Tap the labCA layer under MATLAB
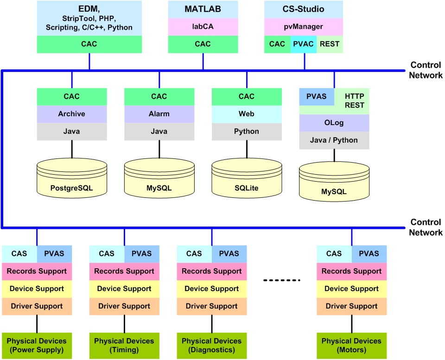click(203, 27)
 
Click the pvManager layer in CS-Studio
click(304, 27)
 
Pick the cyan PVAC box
click(304, 44)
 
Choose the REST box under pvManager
click(330, 44)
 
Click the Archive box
click(72, 114)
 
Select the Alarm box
click(159, 114)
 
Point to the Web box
click(247, 114)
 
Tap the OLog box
click(334, 123)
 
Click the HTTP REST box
click(354, 101)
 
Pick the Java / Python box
click(334, 140)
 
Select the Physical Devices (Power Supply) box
click(37, 345)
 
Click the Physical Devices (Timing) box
click(124, 345)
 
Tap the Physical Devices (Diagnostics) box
click(212, 345)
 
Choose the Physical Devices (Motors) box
click(351, 345)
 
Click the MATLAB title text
click(203, 9)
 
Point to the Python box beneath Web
click(247, 132)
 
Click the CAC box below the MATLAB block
click(203, 44)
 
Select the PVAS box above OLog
click(316, 96)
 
